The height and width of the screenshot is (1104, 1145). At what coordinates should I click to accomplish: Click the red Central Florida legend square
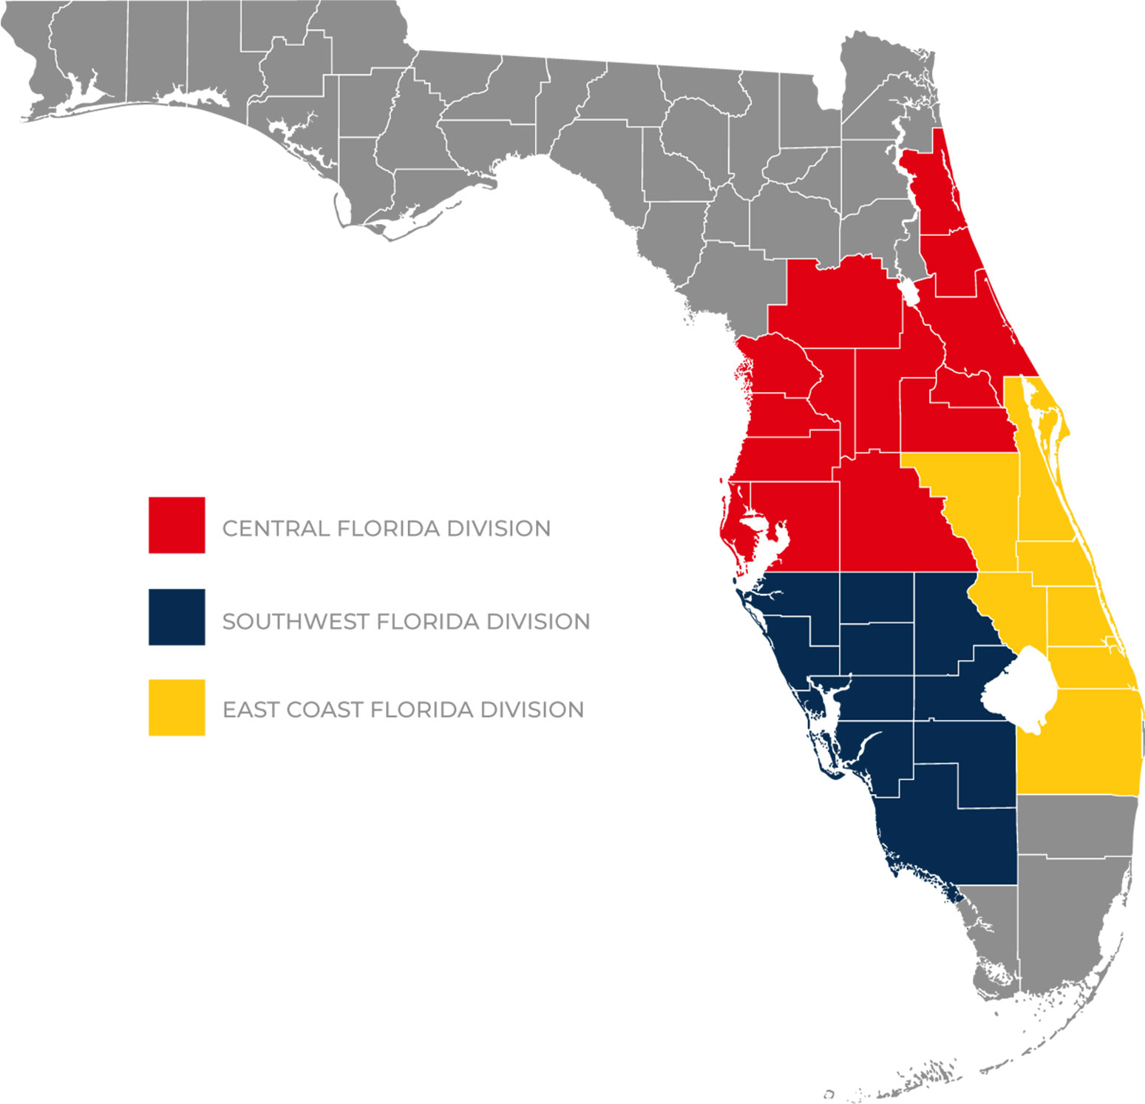coord(177,525)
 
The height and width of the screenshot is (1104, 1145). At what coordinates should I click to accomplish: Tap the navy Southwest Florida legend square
coord(177,617)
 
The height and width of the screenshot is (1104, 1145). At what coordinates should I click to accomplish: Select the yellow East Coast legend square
coord(177,708)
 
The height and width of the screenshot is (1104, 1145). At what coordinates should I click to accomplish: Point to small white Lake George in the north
coord(909,293)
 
